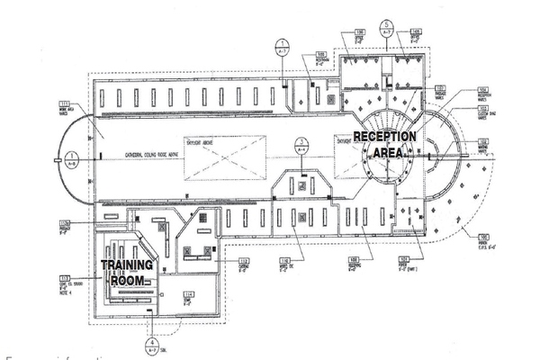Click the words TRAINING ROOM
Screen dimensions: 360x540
(127, 273)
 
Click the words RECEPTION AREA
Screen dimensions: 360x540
(384, 144)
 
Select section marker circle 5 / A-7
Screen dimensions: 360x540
(386, 26)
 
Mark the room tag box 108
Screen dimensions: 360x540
(355, 260)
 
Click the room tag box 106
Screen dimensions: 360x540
(347, 34)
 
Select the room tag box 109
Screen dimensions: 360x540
(320, 55)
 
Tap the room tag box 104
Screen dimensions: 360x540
(482, 91)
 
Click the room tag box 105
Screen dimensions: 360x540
(416, 34)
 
